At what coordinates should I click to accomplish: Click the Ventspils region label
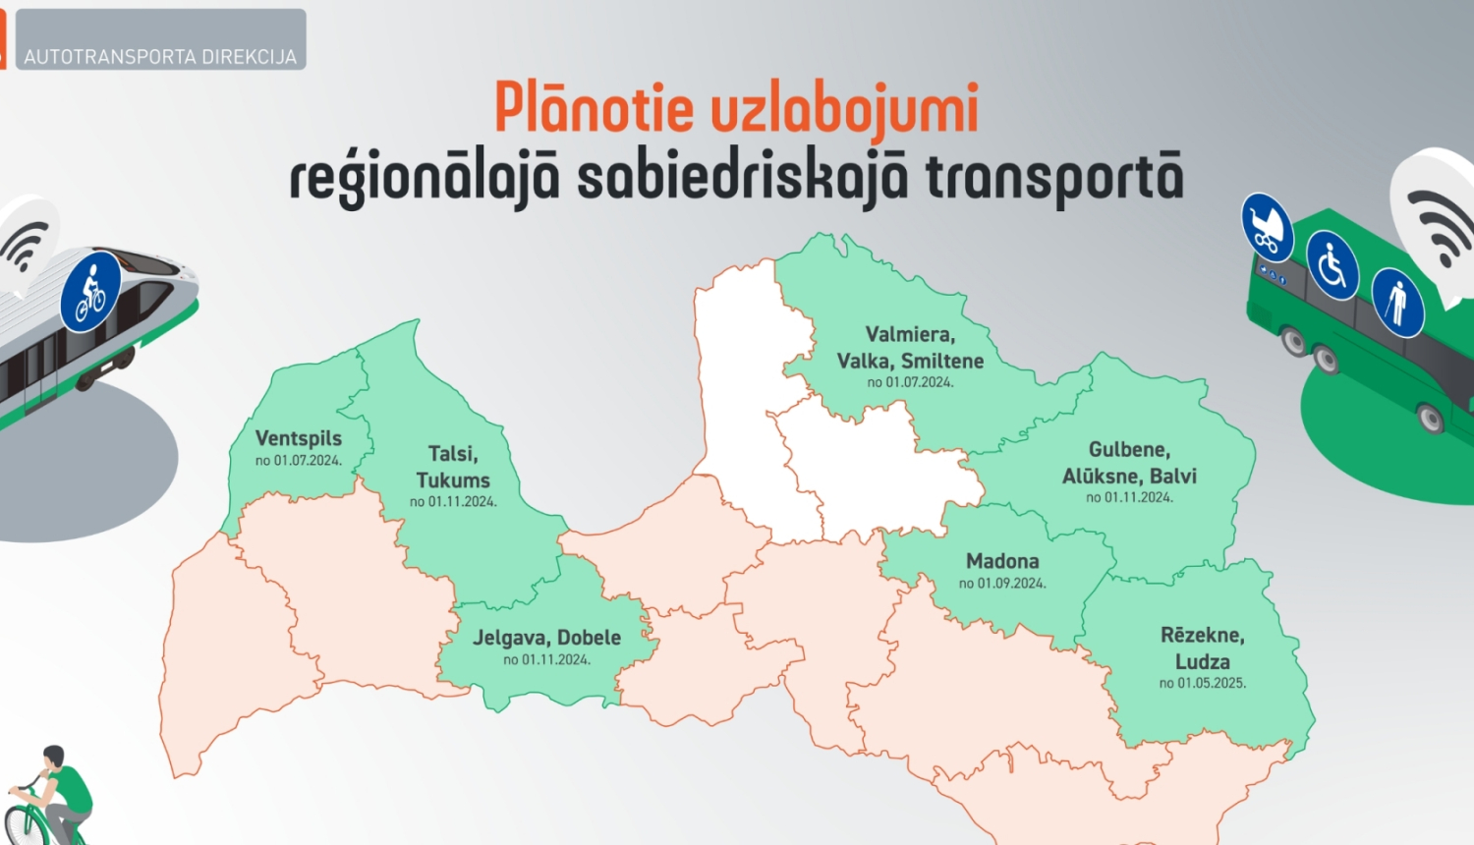[x=299, y=438]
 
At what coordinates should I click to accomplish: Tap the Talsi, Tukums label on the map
[x=453, y=467]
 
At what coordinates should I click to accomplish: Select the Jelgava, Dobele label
[x=546, y=638]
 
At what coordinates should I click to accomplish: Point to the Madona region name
[x=1002, y=561]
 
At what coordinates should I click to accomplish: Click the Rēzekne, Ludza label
[x=1203, y=648]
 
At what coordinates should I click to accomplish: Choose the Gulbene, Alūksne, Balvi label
[x=1129, y=463]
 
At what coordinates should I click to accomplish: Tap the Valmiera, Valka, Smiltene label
[x=910, y=348]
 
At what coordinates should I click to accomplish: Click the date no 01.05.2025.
[x=1203, y=683]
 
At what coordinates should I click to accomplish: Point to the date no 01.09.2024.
[x=1002, y=584]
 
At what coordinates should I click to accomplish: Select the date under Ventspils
[x=299, y=461]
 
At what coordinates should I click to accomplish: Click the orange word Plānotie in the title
[x=594, y=108]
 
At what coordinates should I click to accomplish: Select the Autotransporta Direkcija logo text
[x=160, y=57]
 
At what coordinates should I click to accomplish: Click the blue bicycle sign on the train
[x=90, y=291]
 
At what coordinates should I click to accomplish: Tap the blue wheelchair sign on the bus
[x=1332, y=265]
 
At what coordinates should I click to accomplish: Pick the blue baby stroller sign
[x=1267, y=226]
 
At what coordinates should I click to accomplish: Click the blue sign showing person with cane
[x=1396, y=302]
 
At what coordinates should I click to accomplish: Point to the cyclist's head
[x=53, y=758]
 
